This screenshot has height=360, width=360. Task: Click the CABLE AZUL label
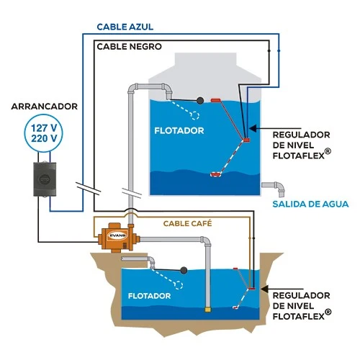coord(125,27)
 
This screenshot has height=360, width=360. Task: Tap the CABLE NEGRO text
coord(129,47)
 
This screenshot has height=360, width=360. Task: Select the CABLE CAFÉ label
coord(187,223)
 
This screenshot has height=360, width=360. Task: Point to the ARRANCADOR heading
coord(44,107)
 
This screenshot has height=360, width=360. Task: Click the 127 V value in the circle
coord(44,128)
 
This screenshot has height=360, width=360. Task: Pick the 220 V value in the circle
coord(44,138)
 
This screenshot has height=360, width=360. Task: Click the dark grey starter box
coord(45,179)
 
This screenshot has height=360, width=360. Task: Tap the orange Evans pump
coord(117,238)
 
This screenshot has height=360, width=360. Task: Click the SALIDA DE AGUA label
coord(310,204)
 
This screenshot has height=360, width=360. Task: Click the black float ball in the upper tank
coord(200,101)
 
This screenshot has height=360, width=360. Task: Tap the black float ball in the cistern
coord(184,270)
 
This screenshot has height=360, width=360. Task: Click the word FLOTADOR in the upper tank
coord(179,130)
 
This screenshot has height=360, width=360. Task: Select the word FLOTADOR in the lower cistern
coord(149,296)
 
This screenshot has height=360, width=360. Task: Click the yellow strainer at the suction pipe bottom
coord(208,310)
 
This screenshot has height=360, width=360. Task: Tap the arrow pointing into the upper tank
coord(275,128)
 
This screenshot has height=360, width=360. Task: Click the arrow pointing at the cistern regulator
coord(282,289)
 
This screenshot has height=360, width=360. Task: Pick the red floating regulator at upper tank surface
coord(216,100)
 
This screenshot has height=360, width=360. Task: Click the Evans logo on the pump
coord(117,235)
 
